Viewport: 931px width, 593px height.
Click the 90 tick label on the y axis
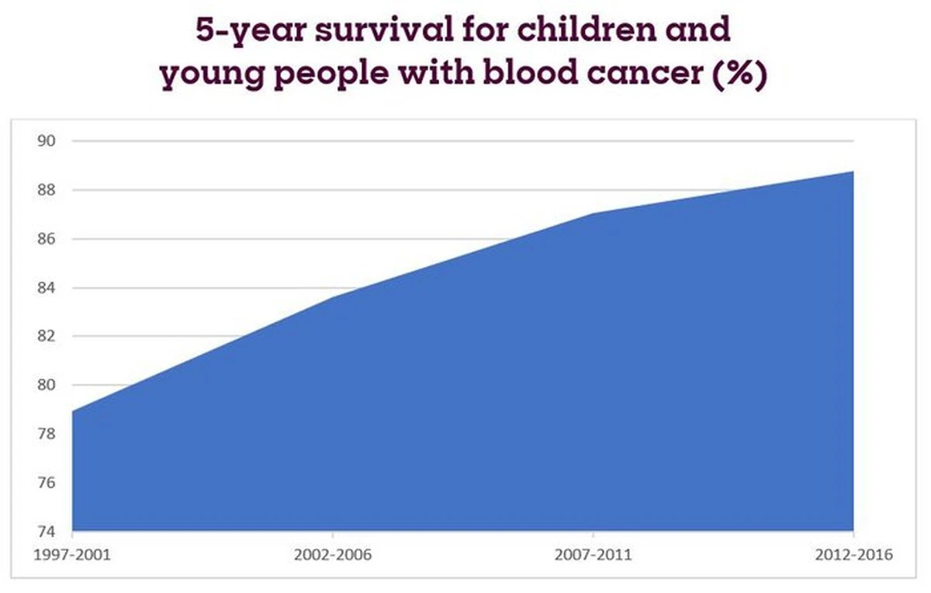coord(47,141)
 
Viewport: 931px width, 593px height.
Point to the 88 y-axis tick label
coord(47,190)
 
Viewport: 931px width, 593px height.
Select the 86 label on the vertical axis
coord(47,239)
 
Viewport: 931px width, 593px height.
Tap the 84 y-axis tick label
coord(47,288)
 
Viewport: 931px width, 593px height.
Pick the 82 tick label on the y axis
coord(47,337)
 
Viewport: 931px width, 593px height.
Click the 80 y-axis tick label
coord(47,386)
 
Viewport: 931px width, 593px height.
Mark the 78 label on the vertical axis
coord(47,435)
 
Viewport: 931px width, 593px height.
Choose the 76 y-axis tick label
coord(47,484)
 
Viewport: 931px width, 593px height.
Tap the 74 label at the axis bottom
coord(47,532)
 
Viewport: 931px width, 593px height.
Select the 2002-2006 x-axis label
coord(332,556)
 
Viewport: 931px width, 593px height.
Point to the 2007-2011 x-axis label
coord(594,556)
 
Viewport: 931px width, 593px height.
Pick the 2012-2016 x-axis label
coord(853,556)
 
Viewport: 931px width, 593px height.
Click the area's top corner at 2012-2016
coord(853,172)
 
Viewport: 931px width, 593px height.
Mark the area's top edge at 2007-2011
coord(594,213)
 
